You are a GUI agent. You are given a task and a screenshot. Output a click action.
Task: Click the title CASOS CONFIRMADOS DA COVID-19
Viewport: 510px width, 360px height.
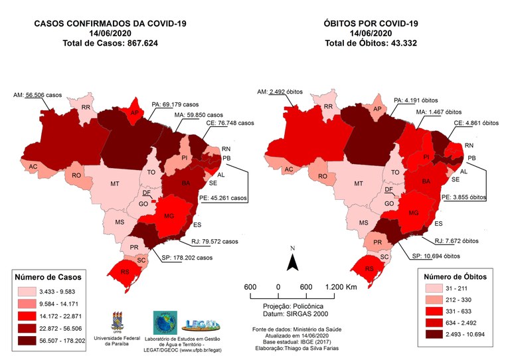(110, 23)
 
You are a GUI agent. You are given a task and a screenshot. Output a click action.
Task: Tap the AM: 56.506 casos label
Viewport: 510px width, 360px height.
(46, 95)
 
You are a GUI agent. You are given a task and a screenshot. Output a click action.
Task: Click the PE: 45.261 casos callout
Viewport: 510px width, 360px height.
(224, 198)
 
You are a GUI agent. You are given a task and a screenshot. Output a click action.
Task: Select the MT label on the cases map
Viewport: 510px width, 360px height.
(114, 183)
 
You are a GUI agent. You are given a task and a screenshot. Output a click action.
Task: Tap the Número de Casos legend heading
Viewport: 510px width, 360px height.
(52, 276)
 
